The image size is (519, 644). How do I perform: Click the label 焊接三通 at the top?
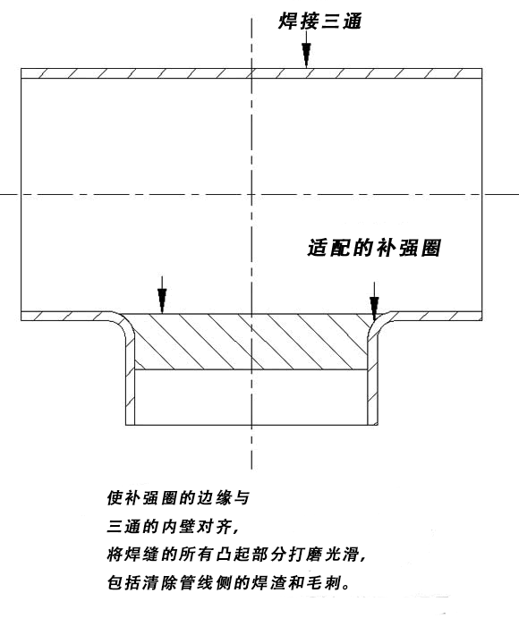coord(319,21)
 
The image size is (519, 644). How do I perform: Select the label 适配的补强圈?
coord(374,248)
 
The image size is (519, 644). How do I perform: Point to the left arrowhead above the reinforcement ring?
coord(162,301)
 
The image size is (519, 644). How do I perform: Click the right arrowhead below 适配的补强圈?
coord(374,308)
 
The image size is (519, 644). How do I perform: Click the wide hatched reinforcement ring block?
coord(251,342)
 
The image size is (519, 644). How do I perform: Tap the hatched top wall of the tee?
coord(251,73)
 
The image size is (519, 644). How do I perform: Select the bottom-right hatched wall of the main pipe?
coord(436,316)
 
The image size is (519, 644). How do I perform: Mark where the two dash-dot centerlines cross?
coord(251,194)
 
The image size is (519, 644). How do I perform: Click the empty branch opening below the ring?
coord(251,397)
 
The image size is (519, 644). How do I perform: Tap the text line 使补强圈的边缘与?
coord(178,498)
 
